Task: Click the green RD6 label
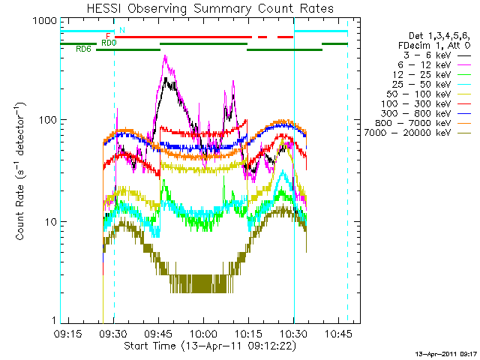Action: (x=83, y=49)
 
